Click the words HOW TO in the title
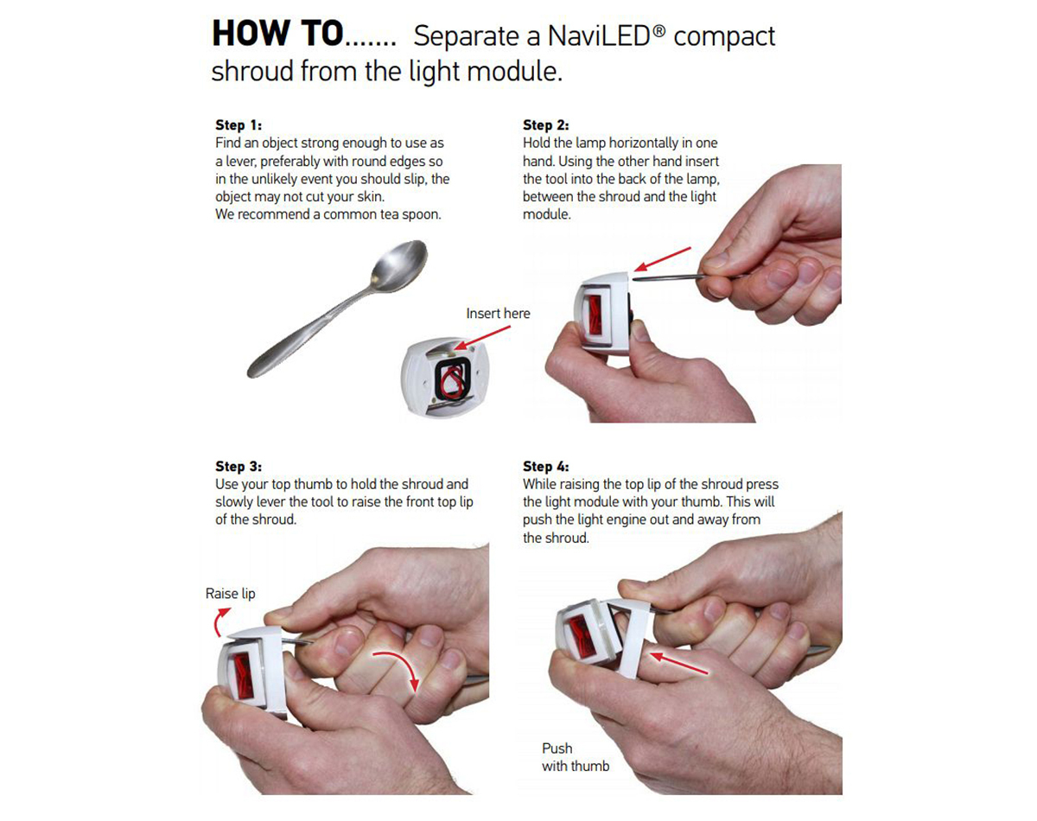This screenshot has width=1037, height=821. coord(277,34)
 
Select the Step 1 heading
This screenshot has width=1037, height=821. coord(239,125)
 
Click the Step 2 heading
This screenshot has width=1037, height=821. coord(546,125)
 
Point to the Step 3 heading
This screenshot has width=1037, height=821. coord(239,466)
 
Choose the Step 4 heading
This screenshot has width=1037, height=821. coord(546,466)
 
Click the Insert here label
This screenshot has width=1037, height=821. coord(498,314)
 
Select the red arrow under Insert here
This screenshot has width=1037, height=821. coord(482,337)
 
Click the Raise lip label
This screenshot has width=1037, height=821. coord(231,594)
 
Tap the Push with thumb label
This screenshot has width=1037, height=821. coord(576,757)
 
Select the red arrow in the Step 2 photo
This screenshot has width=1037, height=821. coord(663,259)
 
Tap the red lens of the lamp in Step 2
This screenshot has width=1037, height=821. coord(595,315)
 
